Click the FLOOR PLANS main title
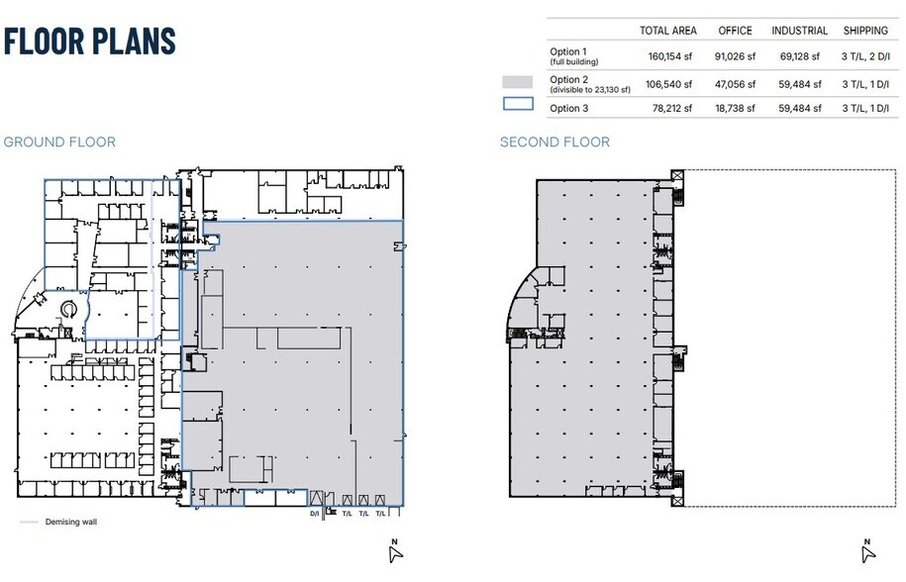pyautogui.click(x=89, y=41)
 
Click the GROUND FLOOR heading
pyautogui.click(x=59, y=143)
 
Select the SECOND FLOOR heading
pyautogui.click(x=554, y=143)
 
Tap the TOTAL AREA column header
pyautogui.click(x=668, y=31)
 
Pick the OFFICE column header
pyautogui.click(x=735, y=31)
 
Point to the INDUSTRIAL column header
pyautogui.click(x=800, y=31)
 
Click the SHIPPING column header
pyautogui.click(x=865, y=31)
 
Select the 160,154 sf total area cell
pyautogui.click(x=669, y=56)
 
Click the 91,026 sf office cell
pyautogui.click(x=735, y=56)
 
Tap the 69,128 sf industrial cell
pyautogui.click(x=800, y=56)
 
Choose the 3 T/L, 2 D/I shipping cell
pyautogui.click(x=865, y=56)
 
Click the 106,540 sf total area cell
pyautogui.click(x=668, y=84)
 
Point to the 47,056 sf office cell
pyautogui.click(x=735, y=84)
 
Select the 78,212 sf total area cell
pyautogui.click(x=672, y=108)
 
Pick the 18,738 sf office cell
pyautogui.click(x=735, y=108)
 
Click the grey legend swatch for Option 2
pyautogui.click(x=517, y=82)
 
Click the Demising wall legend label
pyautogui.click(x=71, y=522)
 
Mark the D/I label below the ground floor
pyautogui.click(x=314, y=514)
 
